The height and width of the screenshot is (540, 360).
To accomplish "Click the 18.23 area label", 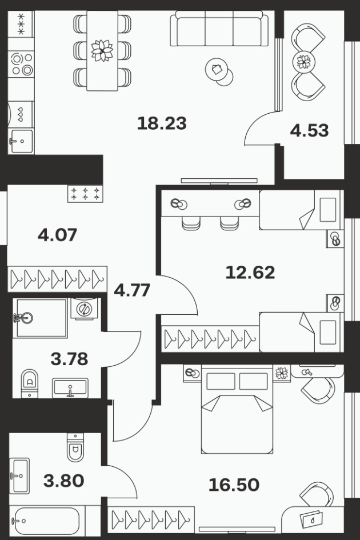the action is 162,123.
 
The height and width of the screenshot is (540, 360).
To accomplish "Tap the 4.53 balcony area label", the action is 309,130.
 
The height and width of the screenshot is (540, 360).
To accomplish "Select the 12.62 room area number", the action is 250,272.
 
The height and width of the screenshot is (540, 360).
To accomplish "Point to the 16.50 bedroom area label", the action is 234,485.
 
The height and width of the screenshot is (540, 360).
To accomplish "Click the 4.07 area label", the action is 57,235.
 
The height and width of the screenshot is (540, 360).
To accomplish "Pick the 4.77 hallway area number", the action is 132,290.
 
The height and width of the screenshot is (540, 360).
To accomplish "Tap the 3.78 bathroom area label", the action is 69,359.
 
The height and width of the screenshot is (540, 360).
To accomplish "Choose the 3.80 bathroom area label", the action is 64,481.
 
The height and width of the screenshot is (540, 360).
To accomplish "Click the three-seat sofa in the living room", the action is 219,28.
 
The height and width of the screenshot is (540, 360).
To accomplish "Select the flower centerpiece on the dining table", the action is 102,51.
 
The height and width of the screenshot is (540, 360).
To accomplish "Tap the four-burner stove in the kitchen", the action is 21,64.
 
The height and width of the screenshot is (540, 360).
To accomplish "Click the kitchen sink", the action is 21,141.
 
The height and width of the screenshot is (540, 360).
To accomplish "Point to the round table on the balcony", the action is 304,62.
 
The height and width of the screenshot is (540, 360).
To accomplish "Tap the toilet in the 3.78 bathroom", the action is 30,383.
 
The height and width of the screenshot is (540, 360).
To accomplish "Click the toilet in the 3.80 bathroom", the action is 75,447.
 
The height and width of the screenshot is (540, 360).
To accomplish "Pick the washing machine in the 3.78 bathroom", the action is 83,309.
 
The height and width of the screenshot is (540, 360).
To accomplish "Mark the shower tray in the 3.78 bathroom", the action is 40,318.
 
